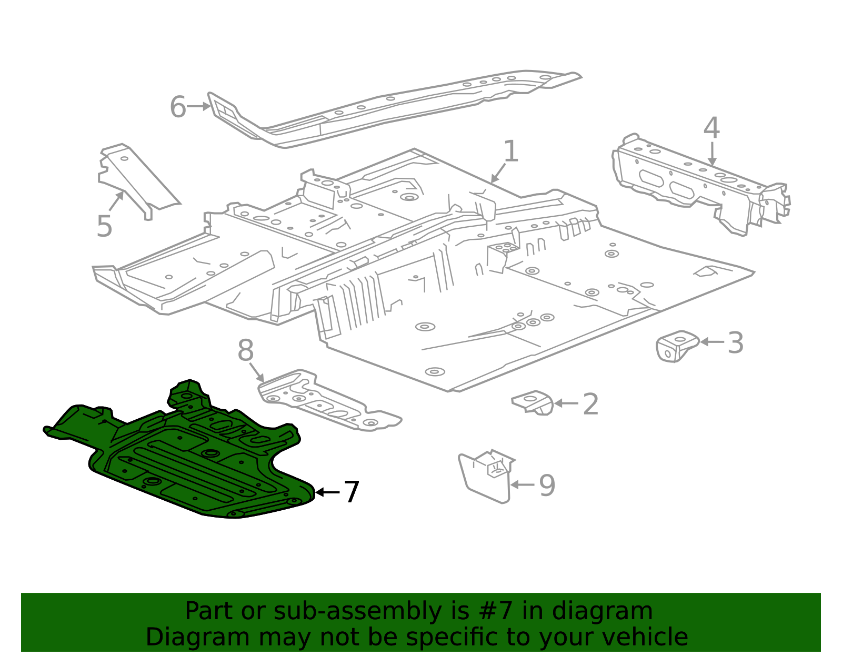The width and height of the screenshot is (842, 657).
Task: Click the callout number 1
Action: (510, 151)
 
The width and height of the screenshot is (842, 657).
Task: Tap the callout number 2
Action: (590, 404)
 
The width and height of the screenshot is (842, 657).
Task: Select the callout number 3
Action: (736, 343)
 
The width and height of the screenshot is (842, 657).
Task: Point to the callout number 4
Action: (711, 128)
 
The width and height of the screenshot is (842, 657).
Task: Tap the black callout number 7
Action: (352, 492)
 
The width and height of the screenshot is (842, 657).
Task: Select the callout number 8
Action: (245, 350)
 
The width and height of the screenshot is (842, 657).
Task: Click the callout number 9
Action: (547, 486)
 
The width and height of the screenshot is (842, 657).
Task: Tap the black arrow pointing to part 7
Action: (328, 492)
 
